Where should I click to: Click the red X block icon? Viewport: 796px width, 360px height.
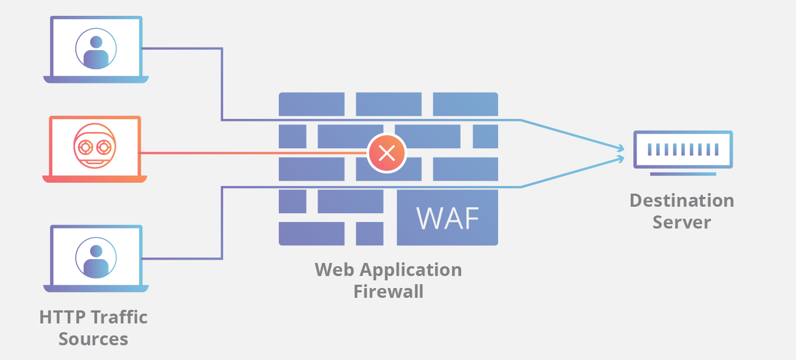(387, 153)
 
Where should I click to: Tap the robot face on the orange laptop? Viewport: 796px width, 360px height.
(95, 146)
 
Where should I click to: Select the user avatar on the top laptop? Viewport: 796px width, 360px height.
(96, 49)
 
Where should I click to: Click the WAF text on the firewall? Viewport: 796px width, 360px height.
(448, 218)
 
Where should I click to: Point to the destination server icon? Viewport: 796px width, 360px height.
(683, 149)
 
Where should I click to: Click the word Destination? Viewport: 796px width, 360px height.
(681, 201)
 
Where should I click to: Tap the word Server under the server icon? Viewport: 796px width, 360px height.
(681, 223)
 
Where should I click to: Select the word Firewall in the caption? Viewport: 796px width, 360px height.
(388, 291)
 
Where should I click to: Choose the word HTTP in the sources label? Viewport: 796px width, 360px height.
(63, 317)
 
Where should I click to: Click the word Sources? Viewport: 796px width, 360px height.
(93, 339)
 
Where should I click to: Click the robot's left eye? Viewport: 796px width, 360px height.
(85, 147)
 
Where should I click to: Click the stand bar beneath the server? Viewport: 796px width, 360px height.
(683, 174)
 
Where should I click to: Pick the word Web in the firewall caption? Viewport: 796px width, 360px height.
(334, 269)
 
